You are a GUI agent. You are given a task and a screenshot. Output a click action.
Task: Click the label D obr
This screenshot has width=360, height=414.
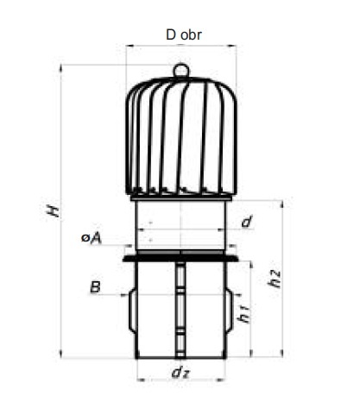coord(184,34)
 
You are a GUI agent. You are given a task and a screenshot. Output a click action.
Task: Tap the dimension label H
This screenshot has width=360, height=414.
coord(54,210)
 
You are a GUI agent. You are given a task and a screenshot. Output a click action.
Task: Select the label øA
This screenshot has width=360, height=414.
coord(92,238)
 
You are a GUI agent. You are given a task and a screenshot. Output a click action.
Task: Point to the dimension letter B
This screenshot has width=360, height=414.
coord(96,287)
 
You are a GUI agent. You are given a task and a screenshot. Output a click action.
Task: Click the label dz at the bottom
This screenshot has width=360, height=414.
coord(180,373)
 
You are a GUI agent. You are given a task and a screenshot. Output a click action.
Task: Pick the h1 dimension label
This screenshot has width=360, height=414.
coord(243,313)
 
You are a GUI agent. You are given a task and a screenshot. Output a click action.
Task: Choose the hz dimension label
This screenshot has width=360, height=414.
coord(274,279)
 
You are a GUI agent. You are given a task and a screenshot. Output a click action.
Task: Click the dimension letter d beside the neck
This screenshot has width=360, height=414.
coord(247,222)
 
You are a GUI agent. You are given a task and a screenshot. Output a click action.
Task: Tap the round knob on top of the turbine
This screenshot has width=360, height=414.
coord(181,70)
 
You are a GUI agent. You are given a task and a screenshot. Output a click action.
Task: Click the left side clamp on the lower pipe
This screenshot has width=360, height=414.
coord(132,311)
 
